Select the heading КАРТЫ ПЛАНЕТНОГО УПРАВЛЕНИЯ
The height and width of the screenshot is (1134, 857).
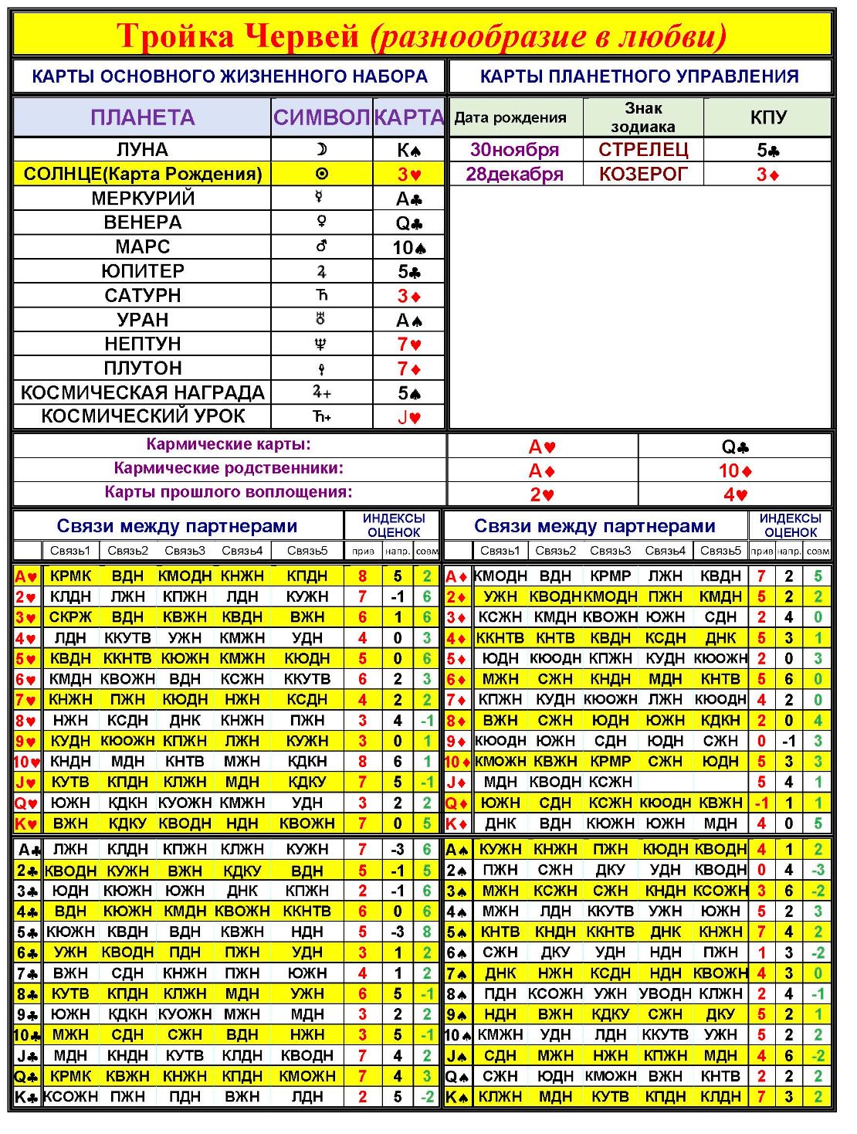(639, 76)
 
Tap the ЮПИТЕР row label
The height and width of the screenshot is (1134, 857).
(143, 271)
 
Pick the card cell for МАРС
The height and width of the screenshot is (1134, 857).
(409, 247)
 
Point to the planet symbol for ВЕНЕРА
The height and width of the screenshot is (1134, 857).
(321, 222)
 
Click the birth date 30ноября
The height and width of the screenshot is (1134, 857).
(514, 149)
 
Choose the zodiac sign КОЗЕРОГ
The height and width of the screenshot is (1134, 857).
(643, 174)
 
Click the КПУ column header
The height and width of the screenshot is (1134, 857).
(768, 117)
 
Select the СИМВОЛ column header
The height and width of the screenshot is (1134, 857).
(321, 117)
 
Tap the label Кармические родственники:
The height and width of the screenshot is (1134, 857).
(229, 468)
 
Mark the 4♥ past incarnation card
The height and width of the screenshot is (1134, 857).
(735, 494)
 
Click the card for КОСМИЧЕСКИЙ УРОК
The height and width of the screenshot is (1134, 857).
(409, 417)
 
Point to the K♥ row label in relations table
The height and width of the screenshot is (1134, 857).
(26, 823)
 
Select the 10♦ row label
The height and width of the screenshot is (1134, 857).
(457, 762)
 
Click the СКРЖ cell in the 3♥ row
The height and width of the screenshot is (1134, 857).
(70, 617)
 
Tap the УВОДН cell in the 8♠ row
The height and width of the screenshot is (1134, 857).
(665, 993)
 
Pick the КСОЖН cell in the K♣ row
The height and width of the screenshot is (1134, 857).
(70, 1096)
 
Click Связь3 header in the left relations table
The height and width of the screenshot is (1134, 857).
(185, 551)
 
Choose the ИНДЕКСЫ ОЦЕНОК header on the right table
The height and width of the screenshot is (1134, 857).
(790, 525)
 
